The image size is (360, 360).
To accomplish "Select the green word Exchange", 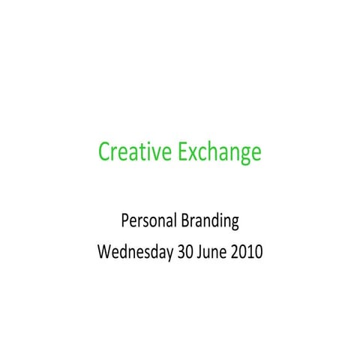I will point(219,153).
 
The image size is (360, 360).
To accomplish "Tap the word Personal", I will point(148,221).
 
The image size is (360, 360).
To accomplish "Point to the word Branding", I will point(210,222).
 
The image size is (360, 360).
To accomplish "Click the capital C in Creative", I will point(104,153).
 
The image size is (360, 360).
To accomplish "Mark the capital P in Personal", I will point(124,221).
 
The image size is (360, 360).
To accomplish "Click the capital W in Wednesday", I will point(104,251).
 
